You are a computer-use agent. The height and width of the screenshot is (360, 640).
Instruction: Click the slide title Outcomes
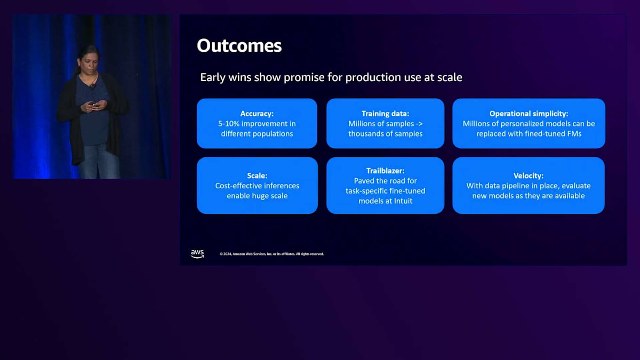[239, 46]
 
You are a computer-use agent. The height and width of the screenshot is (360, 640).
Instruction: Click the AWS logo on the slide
[197, 254]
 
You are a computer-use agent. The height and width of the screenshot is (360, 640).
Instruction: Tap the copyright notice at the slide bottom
[271, 254]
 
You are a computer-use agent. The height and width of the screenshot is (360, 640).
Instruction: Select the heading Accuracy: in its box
[257, 114]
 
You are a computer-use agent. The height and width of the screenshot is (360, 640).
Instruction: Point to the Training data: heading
[385, 114]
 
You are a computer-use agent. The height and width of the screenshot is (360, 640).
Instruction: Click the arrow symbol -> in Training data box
[419, 124]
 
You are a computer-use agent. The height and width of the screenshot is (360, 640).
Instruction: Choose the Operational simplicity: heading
[529, 114]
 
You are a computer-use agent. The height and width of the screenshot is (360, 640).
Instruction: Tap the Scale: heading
[257, 175]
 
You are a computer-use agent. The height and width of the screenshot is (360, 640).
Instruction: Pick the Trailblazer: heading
[385, 171]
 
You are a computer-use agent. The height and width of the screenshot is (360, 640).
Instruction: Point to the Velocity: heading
[529, 175]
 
